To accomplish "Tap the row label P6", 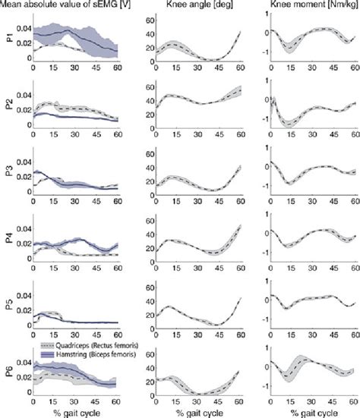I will [8, 373].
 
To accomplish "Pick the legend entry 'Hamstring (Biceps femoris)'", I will [84, 353].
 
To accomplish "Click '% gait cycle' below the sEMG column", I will [74, 412].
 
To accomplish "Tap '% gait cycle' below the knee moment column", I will [313, 412].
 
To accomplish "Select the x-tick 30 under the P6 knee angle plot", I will [196, 402].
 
